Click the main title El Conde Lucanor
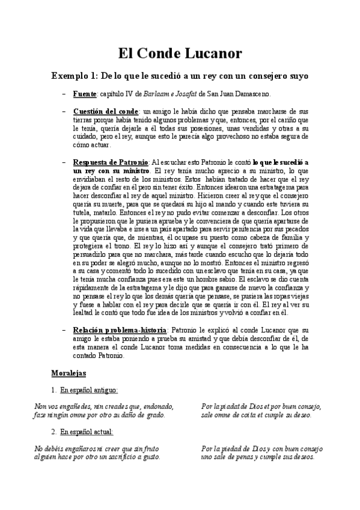click(x=180, y=54)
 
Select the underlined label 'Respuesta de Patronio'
click(x=111, y=162)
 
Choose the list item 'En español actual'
click(x=90, y=432)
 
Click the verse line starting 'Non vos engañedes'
click(x=104, y=407)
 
